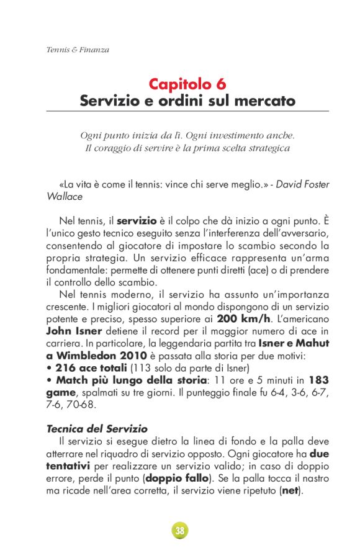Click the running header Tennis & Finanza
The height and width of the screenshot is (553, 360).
pos(78,50)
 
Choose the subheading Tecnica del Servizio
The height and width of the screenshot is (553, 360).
pos(97,428)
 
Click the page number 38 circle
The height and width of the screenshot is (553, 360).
pos(179,530)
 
